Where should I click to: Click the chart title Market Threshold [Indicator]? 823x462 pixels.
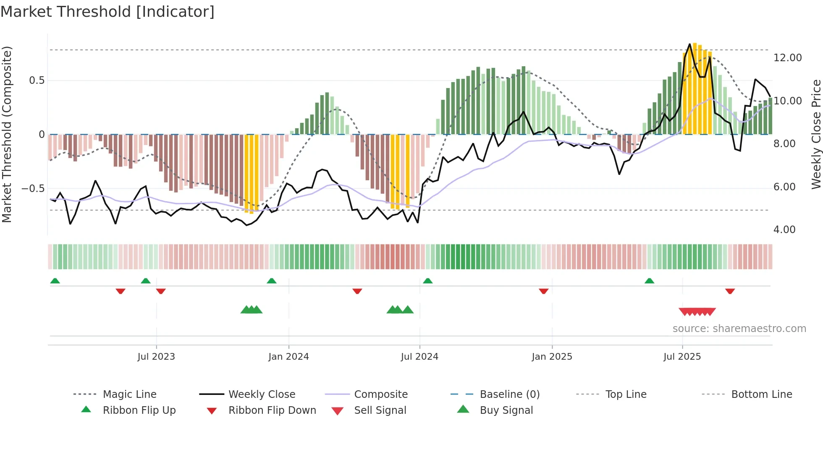(107, 12)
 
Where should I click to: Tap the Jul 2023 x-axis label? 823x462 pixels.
(156, 357)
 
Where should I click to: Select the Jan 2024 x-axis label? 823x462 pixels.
(288, 357)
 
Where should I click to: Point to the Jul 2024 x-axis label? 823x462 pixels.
(419, 357)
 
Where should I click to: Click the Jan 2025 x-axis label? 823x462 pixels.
(552, 357)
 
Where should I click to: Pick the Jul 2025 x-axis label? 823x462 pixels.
(682, 357)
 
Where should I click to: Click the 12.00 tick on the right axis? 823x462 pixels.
(787, 58)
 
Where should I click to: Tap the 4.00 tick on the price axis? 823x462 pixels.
(784, 230)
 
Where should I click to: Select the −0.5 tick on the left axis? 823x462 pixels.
(33, 189)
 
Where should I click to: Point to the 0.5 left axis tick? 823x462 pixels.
(37, 80)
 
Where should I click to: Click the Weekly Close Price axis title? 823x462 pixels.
(816, 134)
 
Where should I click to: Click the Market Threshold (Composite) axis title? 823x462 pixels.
(7, 134)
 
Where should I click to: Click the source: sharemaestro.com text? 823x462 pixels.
(739, 329)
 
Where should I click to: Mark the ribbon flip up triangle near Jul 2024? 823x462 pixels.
(427, 281)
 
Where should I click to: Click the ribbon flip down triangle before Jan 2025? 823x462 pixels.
(543, 291)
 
